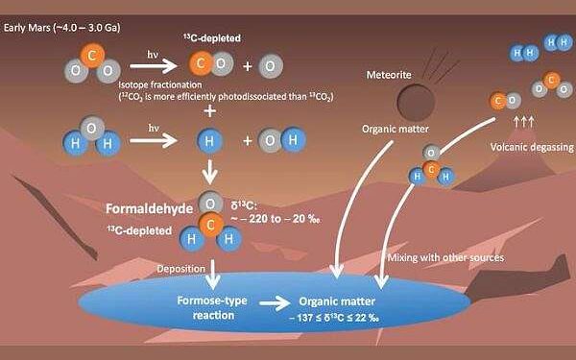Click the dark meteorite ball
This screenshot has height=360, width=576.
[415, 100]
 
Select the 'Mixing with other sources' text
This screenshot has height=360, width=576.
[444, 257]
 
